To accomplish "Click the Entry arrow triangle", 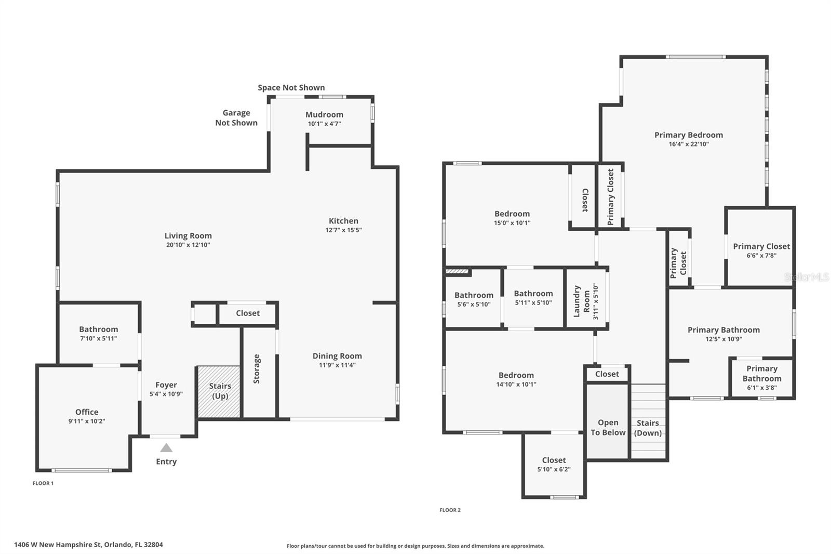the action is (x=166, y=448).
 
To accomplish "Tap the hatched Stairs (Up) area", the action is (x=219, y=392).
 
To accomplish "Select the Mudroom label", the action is (x=324, y=114).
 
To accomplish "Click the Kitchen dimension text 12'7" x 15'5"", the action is (x=343, y=230).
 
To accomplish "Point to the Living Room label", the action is (x=188, y=235).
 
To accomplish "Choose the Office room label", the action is (x=87, y=412).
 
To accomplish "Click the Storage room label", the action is (x=257, y=368).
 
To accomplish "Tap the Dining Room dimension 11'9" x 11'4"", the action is (x=337, y=365).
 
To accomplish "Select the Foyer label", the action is (x=166, y=385).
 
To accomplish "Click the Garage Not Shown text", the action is (x=236, y=117).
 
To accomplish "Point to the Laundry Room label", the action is (x=581, y=301).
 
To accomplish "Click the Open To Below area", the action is (x=608, y=421).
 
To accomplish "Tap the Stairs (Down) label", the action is (x=648, y=428).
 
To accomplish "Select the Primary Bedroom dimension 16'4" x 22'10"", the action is (x=689, y=144).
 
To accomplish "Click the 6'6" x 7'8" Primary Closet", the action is (x=761, y=246).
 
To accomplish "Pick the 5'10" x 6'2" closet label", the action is (x=554, y=460).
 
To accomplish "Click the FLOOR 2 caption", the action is (x=450, y=510).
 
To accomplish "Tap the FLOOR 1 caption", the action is (x=43, y=483).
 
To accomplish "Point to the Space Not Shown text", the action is (x=291, y=87).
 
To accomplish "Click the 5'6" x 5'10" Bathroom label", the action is (x=474, y=295).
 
